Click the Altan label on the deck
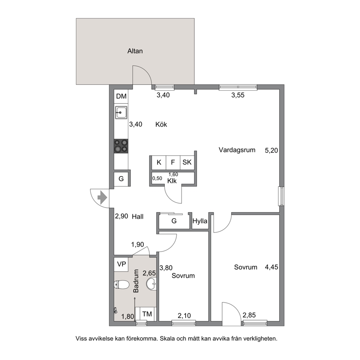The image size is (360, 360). (x=135, y=51)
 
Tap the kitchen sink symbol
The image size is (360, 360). (x=121, y=112)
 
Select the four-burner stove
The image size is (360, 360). (x=121, y=146)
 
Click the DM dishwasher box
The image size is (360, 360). (x=121, y=96)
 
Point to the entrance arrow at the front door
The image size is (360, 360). (x=102, y=197)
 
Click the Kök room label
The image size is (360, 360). (x=161, y=124)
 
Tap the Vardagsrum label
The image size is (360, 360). (x=237, y=150)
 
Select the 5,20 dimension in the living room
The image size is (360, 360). (x=271, y=150)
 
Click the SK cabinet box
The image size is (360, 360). (x=187, y=162)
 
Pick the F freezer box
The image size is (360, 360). (x=173, y=162)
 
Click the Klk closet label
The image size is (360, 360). (x=172, y=181)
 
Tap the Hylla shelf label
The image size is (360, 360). (x=200, y=221)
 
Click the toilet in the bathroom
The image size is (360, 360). (x=121, y=285)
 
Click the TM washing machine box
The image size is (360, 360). (x=147, y=314)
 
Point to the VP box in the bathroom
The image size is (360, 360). (x=121, y=264)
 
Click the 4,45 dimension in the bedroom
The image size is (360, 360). (x=271, y=267)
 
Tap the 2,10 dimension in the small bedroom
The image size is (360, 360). (x=184, y=316)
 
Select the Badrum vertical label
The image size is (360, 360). (x=136, y=281)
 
